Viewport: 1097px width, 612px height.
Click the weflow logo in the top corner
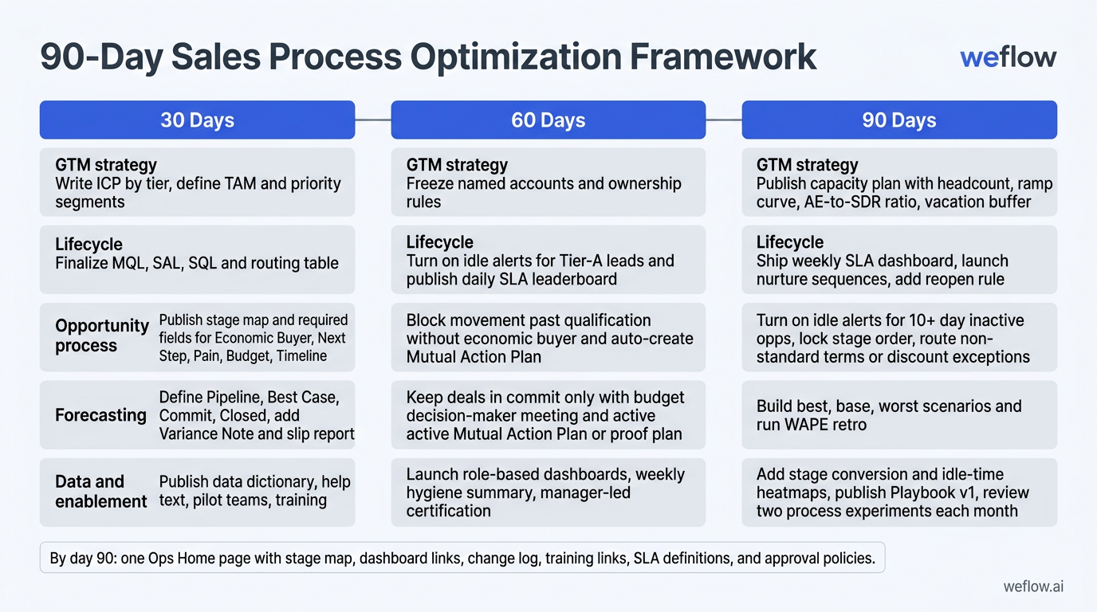1008,57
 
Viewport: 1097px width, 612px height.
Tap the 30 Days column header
197,120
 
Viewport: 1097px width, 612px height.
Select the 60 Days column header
548,120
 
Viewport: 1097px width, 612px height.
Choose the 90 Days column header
898,120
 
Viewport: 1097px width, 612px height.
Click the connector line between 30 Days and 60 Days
372,120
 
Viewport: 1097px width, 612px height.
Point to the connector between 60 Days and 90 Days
723,120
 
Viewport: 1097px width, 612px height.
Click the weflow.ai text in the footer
1032,587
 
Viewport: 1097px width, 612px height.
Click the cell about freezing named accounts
548,182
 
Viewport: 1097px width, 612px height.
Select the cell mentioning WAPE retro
898,414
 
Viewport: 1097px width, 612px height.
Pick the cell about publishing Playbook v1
898,492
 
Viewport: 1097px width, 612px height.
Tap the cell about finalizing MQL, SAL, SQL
197,260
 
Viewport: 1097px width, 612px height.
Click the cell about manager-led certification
548,492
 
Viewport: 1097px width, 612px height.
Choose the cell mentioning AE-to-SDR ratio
898,182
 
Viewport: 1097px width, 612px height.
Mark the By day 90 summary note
462,559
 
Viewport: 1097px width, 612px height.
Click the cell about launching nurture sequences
898,260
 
